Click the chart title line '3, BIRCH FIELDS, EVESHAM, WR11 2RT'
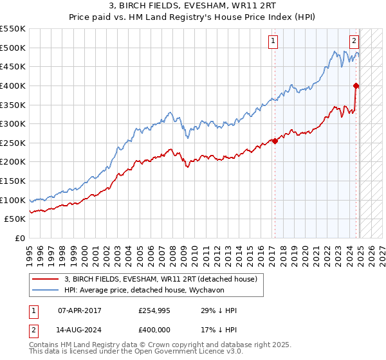click(192, 8)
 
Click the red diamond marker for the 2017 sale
click(275, 141)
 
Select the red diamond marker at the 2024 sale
click(356, 85)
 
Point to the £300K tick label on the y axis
click(13, 123)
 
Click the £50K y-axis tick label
click(15, 219)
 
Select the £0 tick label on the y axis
click(21, 239)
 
